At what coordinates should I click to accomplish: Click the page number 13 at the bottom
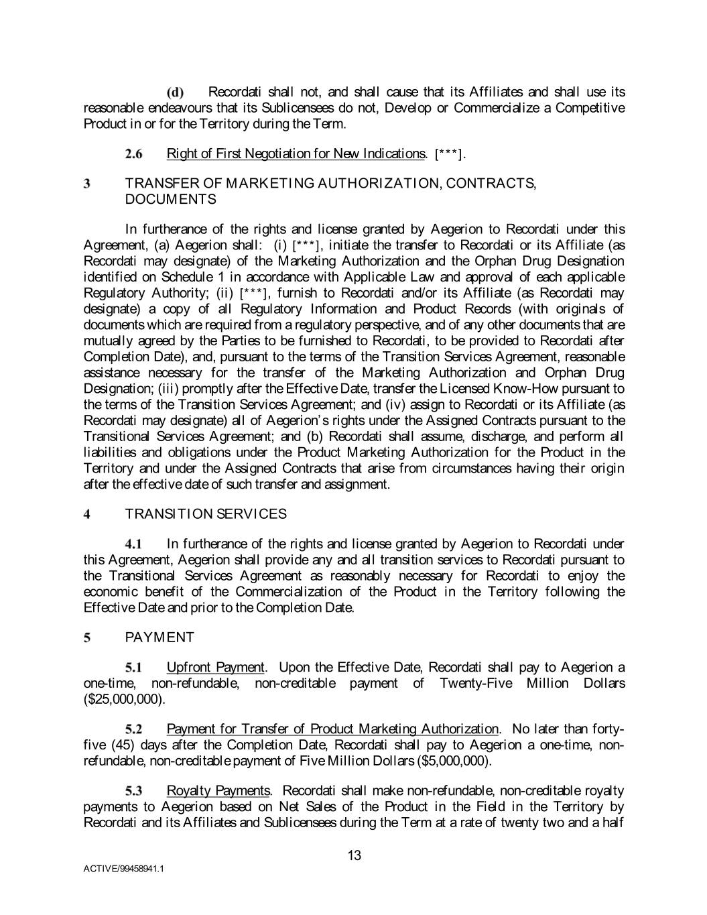click(355, 855)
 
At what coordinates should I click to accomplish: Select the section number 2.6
click(134, 154)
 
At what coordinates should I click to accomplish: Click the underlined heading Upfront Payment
click(215, 667)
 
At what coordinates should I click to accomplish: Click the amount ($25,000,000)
click(123, 699)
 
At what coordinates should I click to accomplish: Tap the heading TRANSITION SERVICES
click(206, 514)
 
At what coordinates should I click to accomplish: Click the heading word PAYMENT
click(159, 637)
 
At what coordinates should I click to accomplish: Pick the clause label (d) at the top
click(176, 93)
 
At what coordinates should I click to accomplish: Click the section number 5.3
click(134, 791)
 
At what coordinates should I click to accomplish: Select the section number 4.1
click(134, 544)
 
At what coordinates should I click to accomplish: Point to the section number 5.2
click(134, 729)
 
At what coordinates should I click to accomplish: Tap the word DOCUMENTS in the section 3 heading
click(170, 199)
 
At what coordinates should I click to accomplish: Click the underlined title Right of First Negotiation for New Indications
click(295, 154)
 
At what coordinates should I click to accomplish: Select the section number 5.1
click(134, 668)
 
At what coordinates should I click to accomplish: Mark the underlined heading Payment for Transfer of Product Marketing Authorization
click(332, 729)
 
